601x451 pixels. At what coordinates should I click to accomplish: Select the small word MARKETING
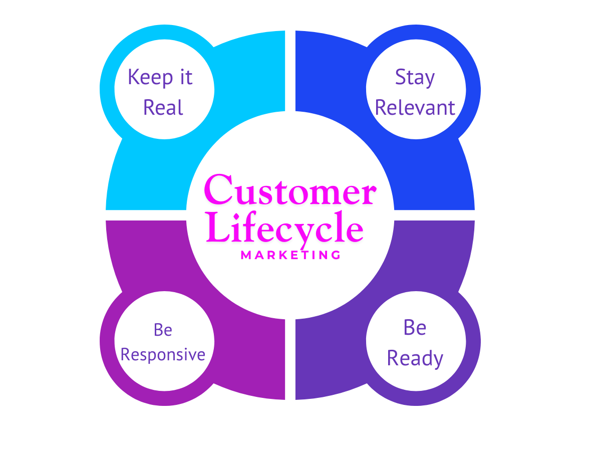coord(290,255)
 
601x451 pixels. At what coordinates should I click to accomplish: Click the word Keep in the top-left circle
coord(145,77)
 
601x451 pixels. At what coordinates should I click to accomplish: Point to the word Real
coord(163,107)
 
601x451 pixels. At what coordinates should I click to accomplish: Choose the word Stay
coord(415,78)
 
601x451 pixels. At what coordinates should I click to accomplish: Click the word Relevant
coord(415,107)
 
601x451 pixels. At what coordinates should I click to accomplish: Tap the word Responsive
coord(163,355)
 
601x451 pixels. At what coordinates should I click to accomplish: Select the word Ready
coord(415,358)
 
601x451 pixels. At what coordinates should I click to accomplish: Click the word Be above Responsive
coord(163,330)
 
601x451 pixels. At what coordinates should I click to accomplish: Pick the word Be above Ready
coord(415,328)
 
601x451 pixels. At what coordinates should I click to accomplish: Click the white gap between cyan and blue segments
coord(290,70)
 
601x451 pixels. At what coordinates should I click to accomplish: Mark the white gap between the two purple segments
coord(290,361)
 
